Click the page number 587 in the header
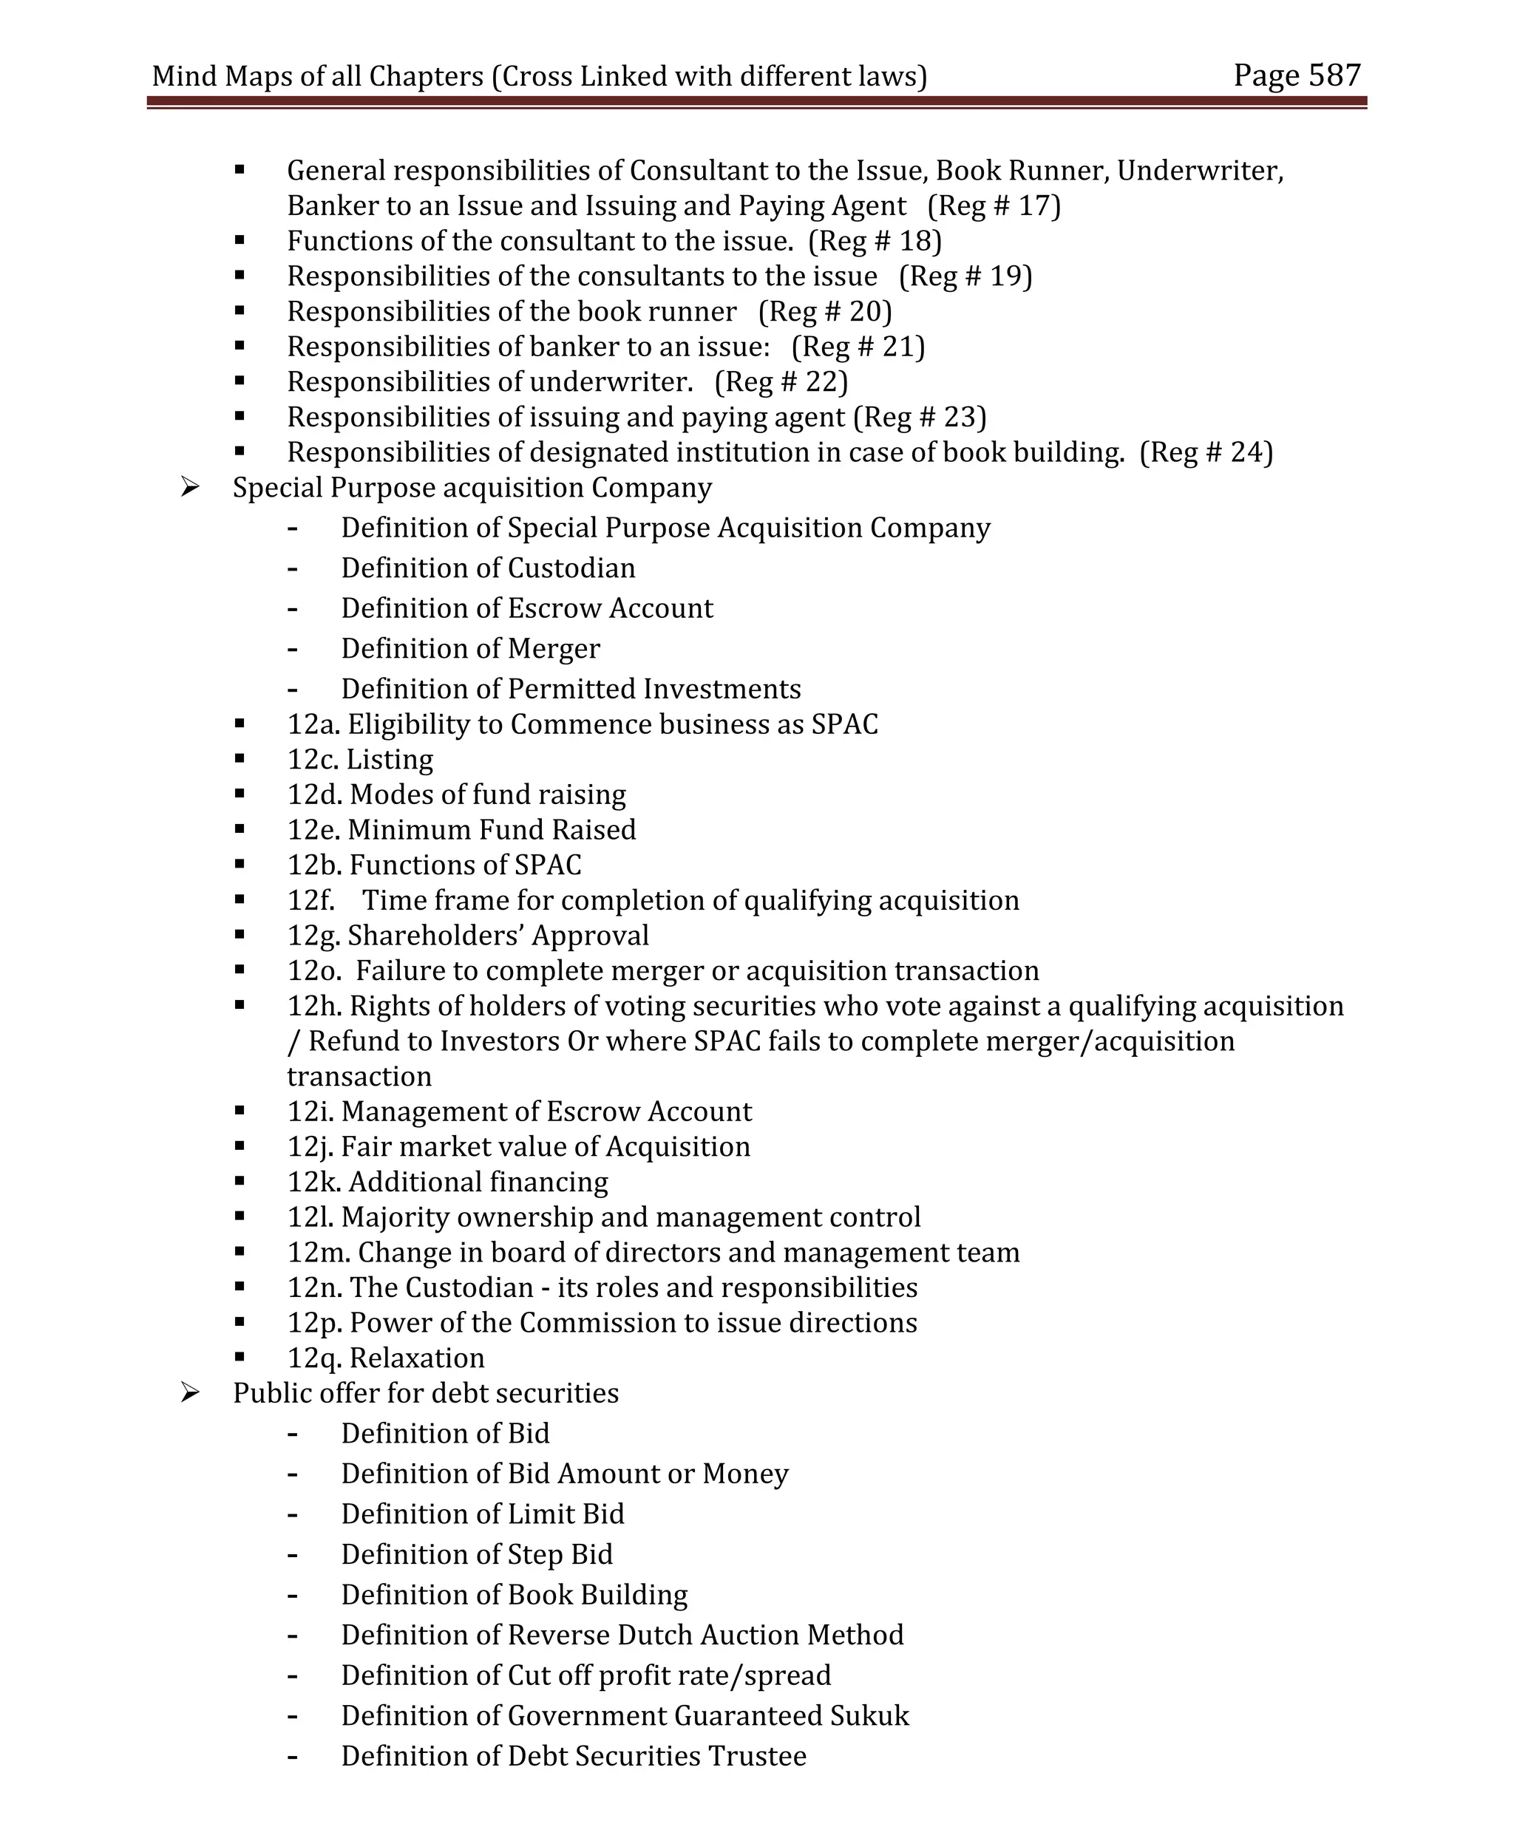coord(1334,76)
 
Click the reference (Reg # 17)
coord(994,205)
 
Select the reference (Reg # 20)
coord(824,311)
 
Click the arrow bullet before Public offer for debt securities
coord(190,1393)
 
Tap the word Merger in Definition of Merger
coord(554,649)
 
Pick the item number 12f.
coord(310,901)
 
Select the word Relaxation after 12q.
coord(417,1358)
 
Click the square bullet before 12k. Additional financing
coord(239,1182)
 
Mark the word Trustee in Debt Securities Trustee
coord(757,1756)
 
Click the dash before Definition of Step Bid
coord(292,1555)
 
